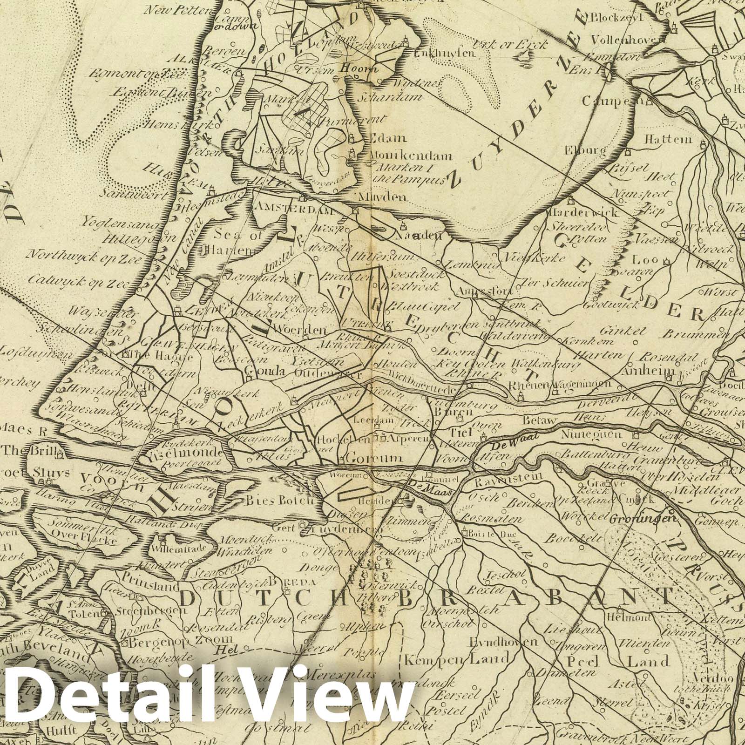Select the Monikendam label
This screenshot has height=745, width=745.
(x=405, y=156)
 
